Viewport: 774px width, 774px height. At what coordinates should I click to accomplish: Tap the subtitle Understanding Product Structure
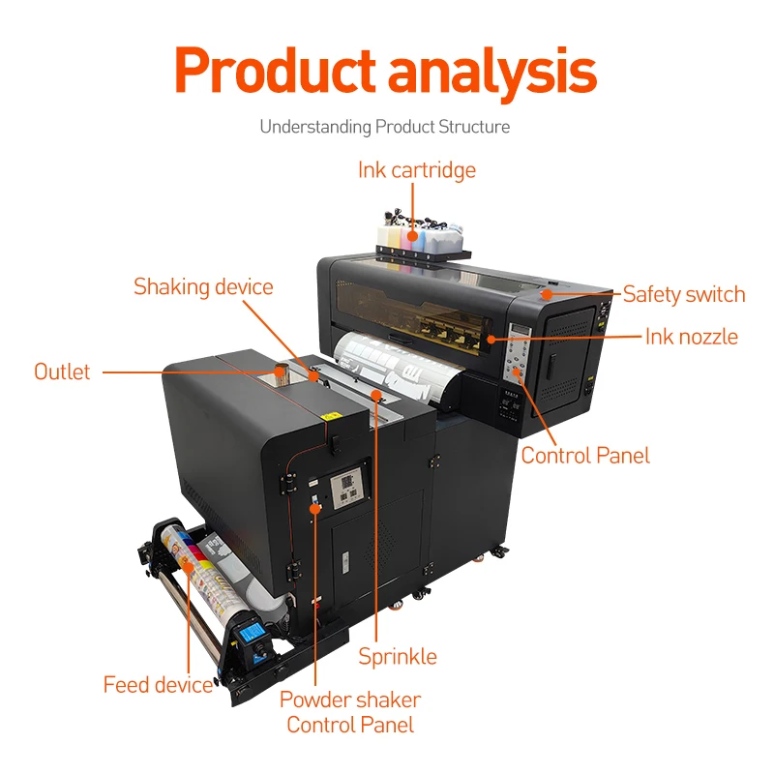click(384, 127)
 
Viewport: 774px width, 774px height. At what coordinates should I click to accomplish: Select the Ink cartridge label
click(417, 171)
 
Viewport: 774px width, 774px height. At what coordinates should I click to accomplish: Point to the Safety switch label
click(684, 294)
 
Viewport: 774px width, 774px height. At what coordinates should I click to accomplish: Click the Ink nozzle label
click(691, 337)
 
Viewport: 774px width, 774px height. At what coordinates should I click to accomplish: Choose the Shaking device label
click(203, 287)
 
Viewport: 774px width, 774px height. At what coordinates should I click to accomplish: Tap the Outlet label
click(62, 372)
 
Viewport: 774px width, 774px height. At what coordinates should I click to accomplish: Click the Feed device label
click(158, 685)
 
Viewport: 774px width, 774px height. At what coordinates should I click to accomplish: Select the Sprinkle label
click(398, 657)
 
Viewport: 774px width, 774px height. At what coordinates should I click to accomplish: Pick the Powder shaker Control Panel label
click(350, 712)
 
